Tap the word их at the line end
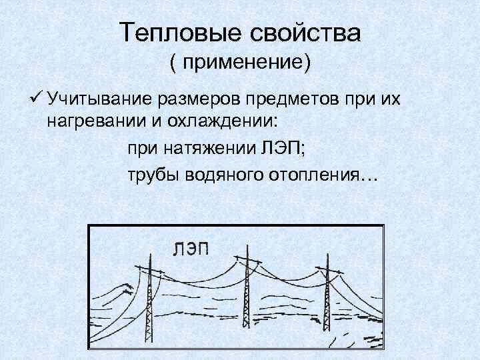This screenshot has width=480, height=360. point(389,101)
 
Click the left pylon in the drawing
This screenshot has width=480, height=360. point(149,300)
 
